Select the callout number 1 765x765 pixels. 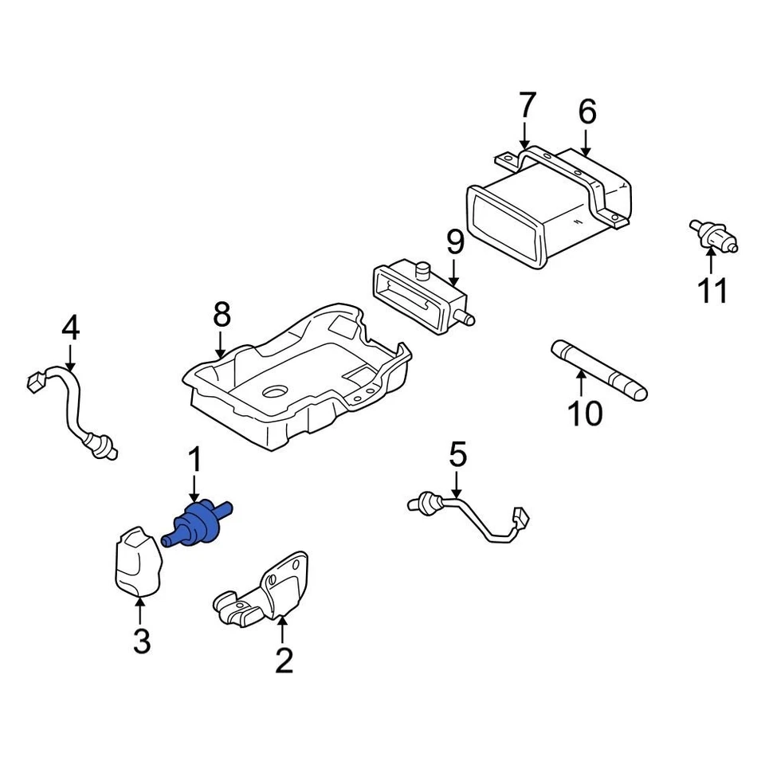(194, 460)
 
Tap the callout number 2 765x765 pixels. (284, 660)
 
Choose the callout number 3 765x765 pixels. (141, 641)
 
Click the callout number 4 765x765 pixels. (70, 327)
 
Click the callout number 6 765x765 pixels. (586, 112)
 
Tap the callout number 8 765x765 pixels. (222, 315)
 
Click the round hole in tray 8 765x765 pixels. (275, 392)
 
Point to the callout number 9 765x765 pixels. (454, 241)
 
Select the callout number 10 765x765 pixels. (586, 413)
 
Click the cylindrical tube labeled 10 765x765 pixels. (598, 370)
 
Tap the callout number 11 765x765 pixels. (712, 291)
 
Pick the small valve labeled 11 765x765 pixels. (712, 234)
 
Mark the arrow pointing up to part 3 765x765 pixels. (140, 611)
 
